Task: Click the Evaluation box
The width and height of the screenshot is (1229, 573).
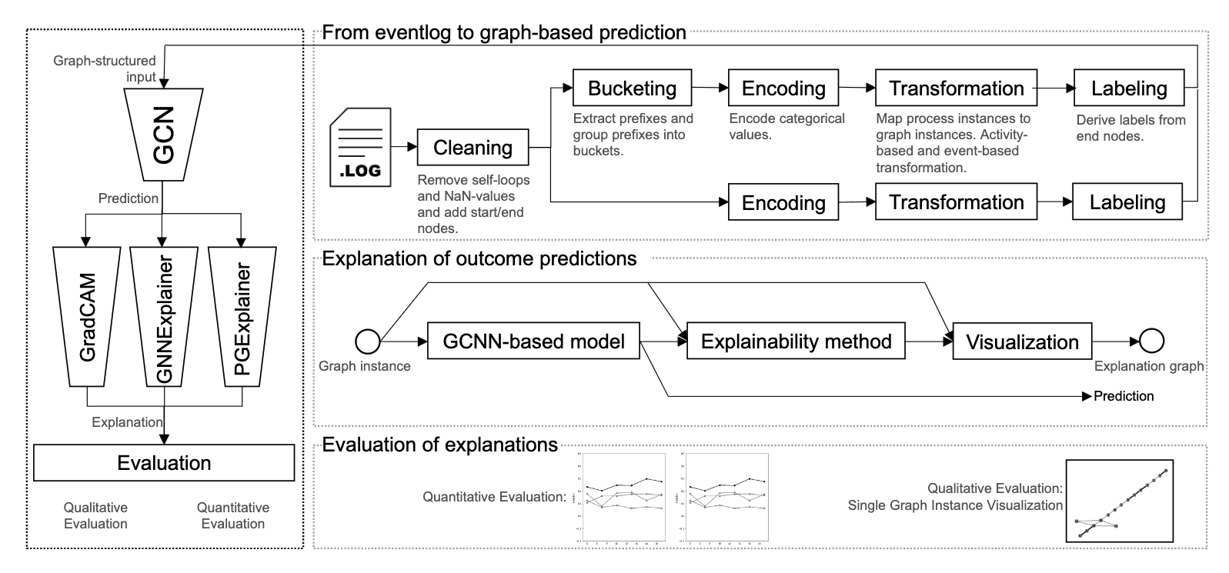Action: coord(164,463)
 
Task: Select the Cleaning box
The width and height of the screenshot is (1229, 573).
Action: coord(473,148)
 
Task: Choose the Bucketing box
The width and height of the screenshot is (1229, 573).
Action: coord(632,88)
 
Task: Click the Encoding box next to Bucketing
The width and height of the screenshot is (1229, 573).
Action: coord(783,88)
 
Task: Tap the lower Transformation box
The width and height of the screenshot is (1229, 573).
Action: coord(957,202)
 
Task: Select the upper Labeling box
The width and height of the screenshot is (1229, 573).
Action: coord(1129,88)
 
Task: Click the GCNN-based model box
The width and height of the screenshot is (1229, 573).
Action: coord(533,341)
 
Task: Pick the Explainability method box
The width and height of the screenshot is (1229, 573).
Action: coord(796,341)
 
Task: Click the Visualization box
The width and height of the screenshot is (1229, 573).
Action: coord(1022,341)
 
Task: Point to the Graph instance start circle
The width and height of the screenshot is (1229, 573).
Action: coord(366,340)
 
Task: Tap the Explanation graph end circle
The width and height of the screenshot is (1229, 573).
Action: coord(1151,340)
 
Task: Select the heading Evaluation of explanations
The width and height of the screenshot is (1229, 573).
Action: coord(439,445)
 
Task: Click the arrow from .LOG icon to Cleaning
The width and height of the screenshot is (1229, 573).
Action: coord(403,147)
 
